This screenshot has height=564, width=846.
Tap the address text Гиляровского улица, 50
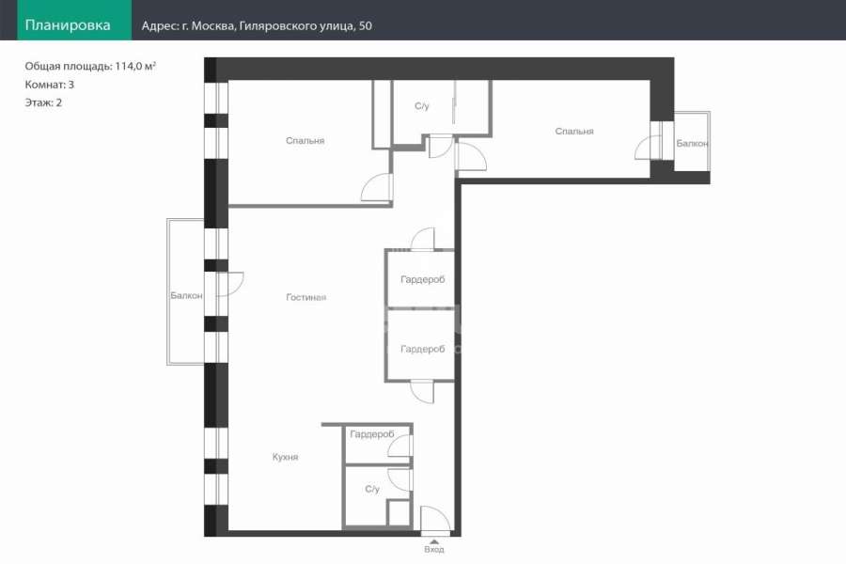[305, 26]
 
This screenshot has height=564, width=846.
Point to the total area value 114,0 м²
[135, 66]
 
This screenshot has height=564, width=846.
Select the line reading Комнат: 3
[50, 85]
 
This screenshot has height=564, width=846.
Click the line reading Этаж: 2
[43, 102]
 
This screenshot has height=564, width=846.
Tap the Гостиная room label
[305, 297]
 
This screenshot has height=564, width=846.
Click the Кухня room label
[286, 457]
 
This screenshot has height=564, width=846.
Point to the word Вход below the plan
[433, 549]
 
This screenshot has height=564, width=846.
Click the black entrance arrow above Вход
[433, 541]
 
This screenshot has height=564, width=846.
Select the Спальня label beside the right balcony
[574, 132]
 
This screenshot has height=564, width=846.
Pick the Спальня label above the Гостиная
[305, 141]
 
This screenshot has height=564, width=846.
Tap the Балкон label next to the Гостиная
[187, 296]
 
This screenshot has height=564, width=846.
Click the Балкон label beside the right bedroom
[692, 144]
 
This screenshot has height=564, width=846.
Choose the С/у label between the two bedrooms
[422, 106]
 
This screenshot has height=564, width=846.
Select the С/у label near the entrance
[372, 489]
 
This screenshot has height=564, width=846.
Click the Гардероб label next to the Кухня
[372, 434]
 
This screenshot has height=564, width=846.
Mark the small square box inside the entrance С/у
[399, 512]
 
